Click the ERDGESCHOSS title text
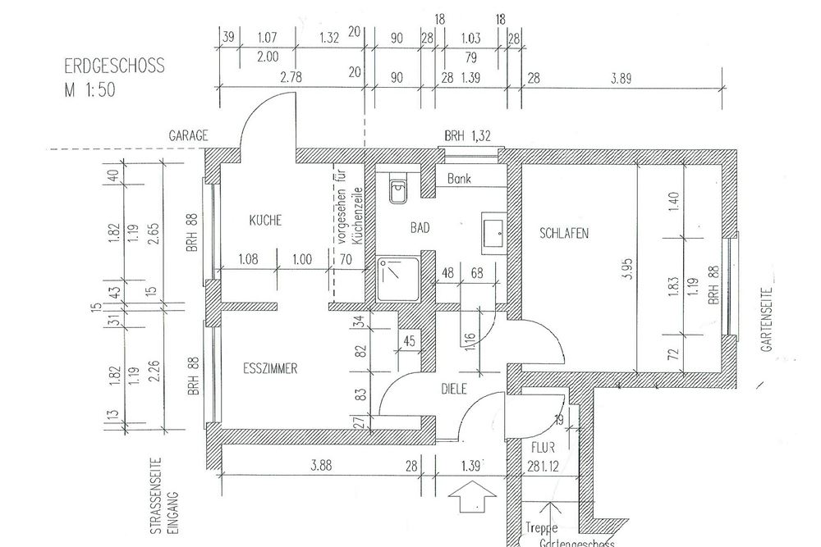coord(113,66)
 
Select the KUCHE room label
coord(265,221)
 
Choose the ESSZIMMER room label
coord(269,369)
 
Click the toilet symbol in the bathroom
coord(398,192)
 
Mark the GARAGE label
coord(188,135)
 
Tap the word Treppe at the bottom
coord(538,528)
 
